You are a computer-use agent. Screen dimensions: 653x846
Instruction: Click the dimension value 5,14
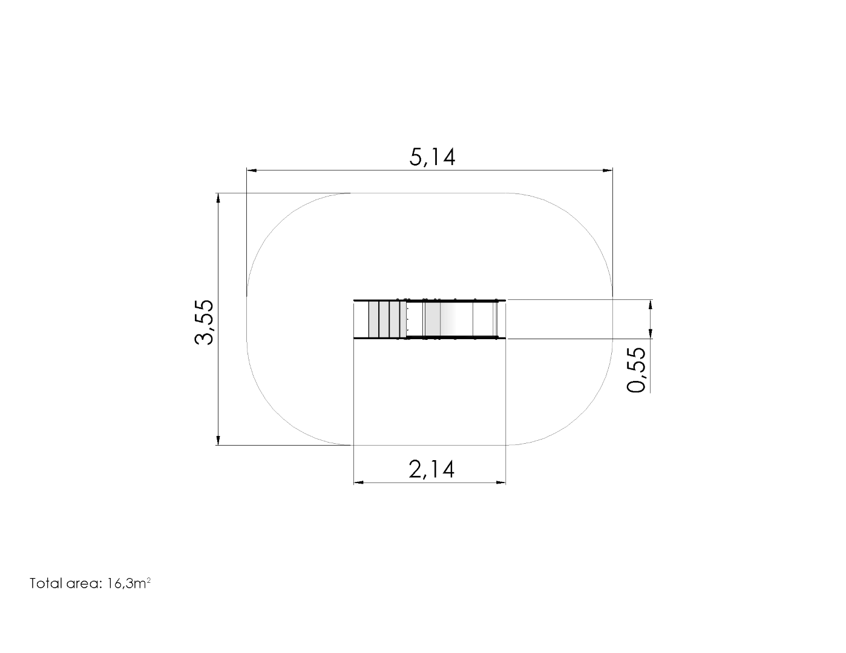pos(431,157)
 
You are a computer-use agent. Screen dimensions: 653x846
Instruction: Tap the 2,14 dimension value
pos(431,469)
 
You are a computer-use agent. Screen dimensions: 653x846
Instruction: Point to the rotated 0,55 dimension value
pos(637,369)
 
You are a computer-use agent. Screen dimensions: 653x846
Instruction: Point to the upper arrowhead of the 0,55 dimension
pos(650,305)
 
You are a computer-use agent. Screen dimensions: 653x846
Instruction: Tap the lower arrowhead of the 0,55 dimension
pos(650,334)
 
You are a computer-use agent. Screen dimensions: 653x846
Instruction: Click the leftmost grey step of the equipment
pos(373,319)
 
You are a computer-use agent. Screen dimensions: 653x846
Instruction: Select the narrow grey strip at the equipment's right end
pos(495,319)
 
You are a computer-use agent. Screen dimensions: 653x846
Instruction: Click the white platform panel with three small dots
pos(415,319)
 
